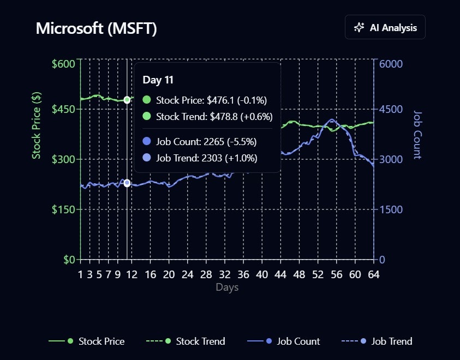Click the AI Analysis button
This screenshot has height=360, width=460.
pos(385,28)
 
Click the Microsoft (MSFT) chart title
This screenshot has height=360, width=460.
pos(97,28)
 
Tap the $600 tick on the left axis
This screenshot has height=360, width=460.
pos(64,64)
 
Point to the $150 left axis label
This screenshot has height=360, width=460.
pos(64,209)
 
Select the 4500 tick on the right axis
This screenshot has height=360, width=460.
pos(391,109)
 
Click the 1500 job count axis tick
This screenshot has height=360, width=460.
pos(391,209)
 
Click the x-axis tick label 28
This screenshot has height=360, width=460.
pos(206,274)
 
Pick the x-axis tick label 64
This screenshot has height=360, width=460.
pos(373,274)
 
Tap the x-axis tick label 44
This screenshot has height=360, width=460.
pos(280,274)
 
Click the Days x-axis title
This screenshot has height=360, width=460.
pos(227,287)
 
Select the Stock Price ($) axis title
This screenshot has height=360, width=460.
pos(37,125)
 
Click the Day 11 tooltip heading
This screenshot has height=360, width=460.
pos(158,80)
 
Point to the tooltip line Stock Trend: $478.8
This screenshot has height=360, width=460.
pos(214,116)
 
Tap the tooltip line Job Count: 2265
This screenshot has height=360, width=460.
pos(206,142)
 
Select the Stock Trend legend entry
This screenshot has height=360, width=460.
pos(186,341)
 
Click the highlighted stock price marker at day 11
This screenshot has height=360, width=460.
pos(127,100)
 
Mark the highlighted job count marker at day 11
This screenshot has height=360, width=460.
pos(127,183)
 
